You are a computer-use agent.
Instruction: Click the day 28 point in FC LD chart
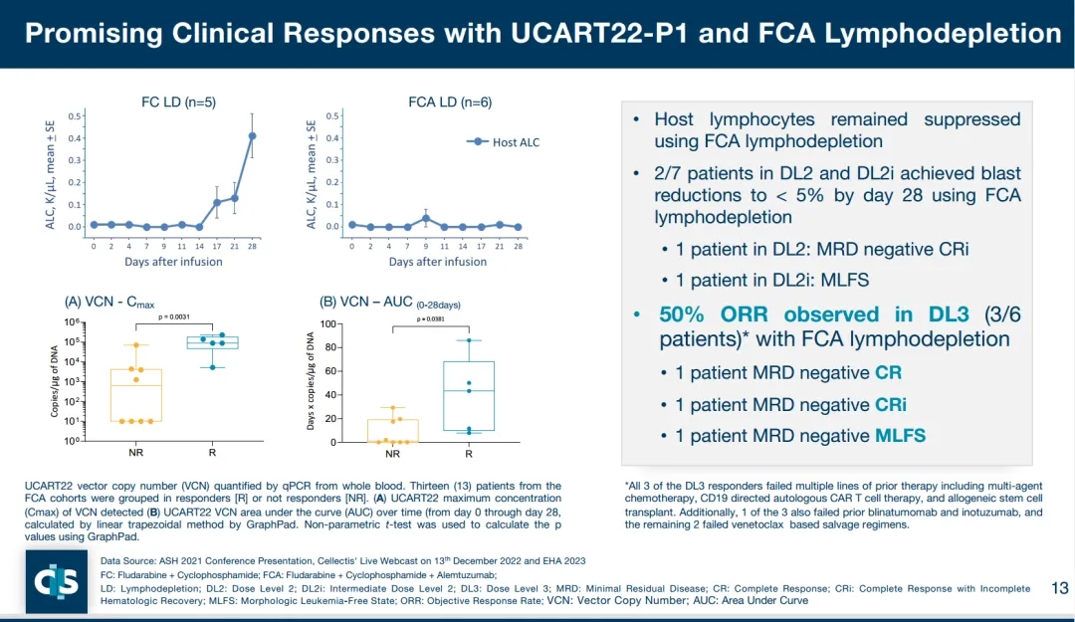coord(252,136)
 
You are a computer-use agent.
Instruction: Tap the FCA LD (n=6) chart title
coord(450,102)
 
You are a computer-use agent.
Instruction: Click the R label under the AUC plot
coord(468,454)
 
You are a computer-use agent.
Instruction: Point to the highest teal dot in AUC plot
coord(468,340)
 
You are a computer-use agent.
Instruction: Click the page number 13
coord(1059,588)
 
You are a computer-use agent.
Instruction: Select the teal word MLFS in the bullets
coord(902,436)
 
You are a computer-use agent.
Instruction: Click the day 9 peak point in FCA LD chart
coord(426,218)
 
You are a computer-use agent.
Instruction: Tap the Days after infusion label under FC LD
coord(173,262)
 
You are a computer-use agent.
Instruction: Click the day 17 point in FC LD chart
coord(217,203)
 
